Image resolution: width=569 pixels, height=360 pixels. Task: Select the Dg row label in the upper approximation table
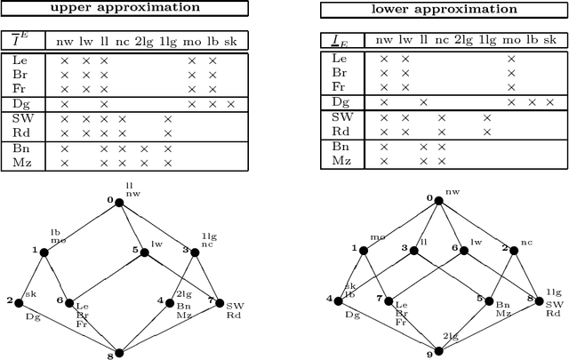[20, 104]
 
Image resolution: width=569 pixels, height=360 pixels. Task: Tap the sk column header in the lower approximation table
[553, 40]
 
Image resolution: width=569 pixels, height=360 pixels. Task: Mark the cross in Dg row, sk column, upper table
[231, 104]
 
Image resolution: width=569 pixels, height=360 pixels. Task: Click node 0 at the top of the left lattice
[120, 201]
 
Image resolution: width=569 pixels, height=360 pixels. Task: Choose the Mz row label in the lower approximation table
[340, 160]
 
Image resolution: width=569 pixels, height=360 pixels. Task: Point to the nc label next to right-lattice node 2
[525, 239]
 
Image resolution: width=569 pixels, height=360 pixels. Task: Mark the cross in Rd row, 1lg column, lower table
[486, 132]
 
